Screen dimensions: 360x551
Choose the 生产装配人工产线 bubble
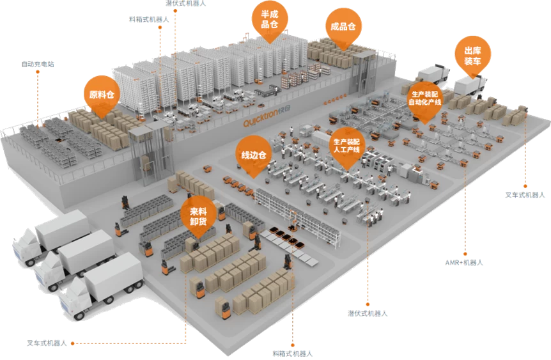coord(348,145)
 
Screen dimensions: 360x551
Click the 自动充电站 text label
coord(38,64)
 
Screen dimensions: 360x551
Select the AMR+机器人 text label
coord(464,262)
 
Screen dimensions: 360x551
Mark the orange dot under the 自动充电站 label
coord(38,72)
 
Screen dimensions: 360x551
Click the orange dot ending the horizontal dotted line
coord(73,343)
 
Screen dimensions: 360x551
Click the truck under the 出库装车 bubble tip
coord(469,84)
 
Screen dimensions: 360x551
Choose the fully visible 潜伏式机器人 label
coord(367,313)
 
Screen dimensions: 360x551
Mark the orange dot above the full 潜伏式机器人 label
coord(368,304)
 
